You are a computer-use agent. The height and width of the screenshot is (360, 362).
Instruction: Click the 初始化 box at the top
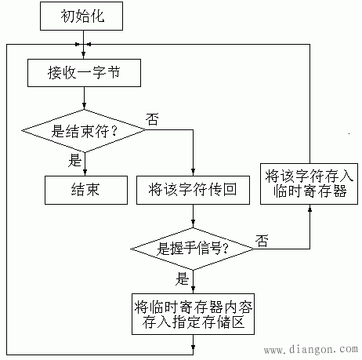point(84,16)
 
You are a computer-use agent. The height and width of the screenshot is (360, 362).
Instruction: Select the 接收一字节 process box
point(84,73)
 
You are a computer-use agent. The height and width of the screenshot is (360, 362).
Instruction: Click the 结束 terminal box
point(84,188)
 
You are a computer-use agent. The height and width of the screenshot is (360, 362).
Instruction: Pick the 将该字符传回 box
point(192,188)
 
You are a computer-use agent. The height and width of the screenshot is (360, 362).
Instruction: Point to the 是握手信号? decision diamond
point(192,249)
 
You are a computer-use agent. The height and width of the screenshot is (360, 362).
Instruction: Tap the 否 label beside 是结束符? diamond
point(154,120)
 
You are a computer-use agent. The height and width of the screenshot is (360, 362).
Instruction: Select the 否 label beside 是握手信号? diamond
point(261,239)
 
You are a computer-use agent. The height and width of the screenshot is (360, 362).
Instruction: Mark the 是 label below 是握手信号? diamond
point(183,278)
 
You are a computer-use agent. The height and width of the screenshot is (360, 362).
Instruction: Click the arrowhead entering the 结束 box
point(84,170)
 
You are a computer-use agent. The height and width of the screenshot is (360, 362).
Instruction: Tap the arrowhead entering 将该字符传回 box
point(192,170)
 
